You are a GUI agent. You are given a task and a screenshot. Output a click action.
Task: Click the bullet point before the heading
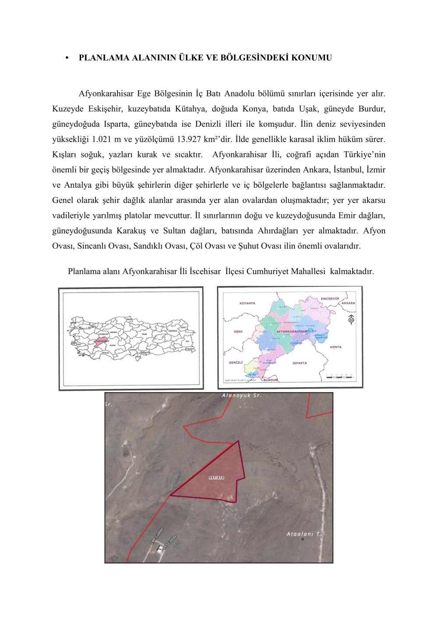pyautogui.click(x=67, y=58)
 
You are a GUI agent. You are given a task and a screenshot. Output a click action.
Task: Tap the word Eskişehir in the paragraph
pyautogui.click(x=105, y=109)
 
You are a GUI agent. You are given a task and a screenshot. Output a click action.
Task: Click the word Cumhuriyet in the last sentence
pyautogui.click(x=268, y=271)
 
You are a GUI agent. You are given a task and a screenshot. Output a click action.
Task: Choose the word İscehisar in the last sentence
pyautogui.click(x=205, y=271)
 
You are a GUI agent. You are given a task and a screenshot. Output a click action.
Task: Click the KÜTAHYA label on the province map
pyautogui.click(x=247, y=303)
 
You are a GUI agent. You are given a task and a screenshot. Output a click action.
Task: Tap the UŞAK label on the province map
pyautogui.click(x=238, y=331)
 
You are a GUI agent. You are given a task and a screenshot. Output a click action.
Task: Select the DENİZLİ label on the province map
pyautogui.click(x=236, y=363)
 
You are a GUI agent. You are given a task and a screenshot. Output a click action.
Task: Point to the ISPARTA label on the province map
pyautogui.click(x=300, y=363)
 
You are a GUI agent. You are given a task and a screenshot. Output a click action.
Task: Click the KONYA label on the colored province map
pyautogui.click(x=336, y=347)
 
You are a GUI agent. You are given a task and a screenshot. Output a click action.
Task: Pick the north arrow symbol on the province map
pyautogui.click(x=351, y=320)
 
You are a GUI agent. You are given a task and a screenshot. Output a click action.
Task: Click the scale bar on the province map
pyautogui.click(x=341, y=376)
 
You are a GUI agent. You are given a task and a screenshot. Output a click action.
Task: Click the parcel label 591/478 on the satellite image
pyautogui.click(x=216, y=477)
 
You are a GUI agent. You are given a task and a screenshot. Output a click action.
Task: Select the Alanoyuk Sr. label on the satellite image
pyautogui.click(x=241, y=396)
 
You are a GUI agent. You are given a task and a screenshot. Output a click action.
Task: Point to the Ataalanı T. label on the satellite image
pyautogui.click(x=304, y=534)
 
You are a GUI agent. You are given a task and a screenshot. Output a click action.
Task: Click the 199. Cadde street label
pyautogui.click(x=157, y=535)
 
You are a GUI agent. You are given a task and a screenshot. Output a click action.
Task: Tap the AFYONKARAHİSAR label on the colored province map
pyautogui.click(x=291, y=331)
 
